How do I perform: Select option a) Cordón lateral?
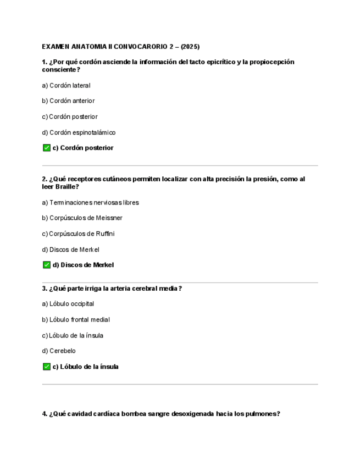[x=66, y=86]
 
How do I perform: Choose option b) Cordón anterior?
[x=68, y=101]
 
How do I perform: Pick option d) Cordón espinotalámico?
[x=79, y=132]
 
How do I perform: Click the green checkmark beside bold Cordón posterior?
[x=47, y=148]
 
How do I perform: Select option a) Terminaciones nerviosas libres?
[x=90, y=203]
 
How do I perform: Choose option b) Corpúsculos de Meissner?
[x=82, y=218]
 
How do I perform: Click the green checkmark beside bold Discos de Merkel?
[x=47, y=265]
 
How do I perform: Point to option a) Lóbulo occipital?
[x=68, y=304]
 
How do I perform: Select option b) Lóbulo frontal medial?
[x=75, y=320]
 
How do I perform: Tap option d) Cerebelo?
[x=59, y=351]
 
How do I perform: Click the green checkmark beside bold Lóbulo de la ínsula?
[x=47, y=367]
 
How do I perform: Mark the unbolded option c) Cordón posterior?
[x=69, y=116]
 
